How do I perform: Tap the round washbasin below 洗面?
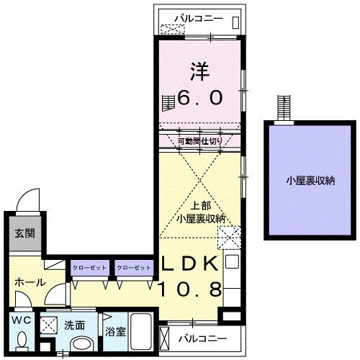point(81,344)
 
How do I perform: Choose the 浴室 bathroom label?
point(115,333)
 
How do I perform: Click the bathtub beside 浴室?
point(140,333)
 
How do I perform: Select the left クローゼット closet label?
point(89,268)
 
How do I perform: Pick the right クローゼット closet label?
point(134,268)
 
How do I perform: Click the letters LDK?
point(189,264)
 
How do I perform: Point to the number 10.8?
point(189,289)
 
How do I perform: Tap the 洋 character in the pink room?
point(201,72)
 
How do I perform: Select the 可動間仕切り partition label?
point(200,141)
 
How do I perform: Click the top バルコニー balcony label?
point(200,18)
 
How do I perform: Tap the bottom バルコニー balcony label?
point(204,338)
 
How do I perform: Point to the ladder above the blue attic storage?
point(284,109)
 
